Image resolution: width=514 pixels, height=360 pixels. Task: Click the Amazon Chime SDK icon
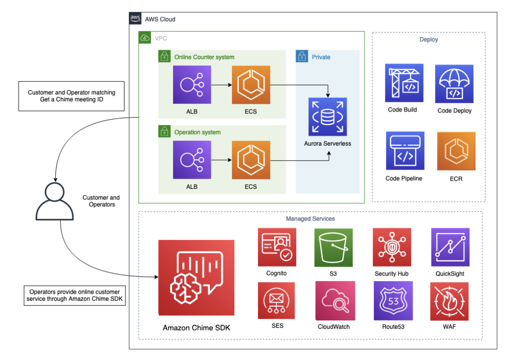tap(196, 278)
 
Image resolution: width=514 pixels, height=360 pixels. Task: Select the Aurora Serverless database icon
tap(327, 117)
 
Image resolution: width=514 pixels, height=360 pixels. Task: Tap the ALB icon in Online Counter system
tap(192, 85)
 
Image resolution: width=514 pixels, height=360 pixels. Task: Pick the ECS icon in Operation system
tap(250, 160)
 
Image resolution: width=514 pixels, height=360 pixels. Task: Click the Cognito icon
tap(277, 247)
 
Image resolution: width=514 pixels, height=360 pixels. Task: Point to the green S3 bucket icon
tap(333, 247)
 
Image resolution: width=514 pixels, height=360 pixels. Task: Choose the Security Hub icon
tap(392, 247)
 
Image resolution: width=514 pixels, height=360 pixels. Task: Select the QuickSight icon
tap(450, 247)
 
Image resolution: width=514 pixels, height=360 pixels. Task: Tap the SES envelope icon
tap(277, 300)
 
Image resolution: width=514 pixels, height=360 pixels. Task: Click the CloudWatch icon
tap(335, 300)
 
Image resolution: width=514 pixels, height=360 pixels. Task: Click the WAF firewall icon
tap(449, 300)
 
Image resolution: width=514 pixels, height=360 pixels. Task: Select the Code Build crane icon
tap(404, 83)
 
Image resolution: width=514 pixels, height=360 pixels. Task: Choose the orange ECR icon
tap(456, 151)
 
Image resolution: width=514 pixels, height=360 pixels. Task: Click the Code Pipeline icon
tap(405, 151)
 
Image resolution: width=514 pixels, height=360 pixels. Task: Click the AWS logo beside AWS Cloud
tap(135, 19)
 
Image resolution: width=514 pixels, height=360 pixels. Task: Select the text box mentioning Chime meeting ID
tap(71, 96)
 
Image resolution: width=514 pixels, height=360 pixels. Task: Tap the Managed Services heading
tap(310, 219)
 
